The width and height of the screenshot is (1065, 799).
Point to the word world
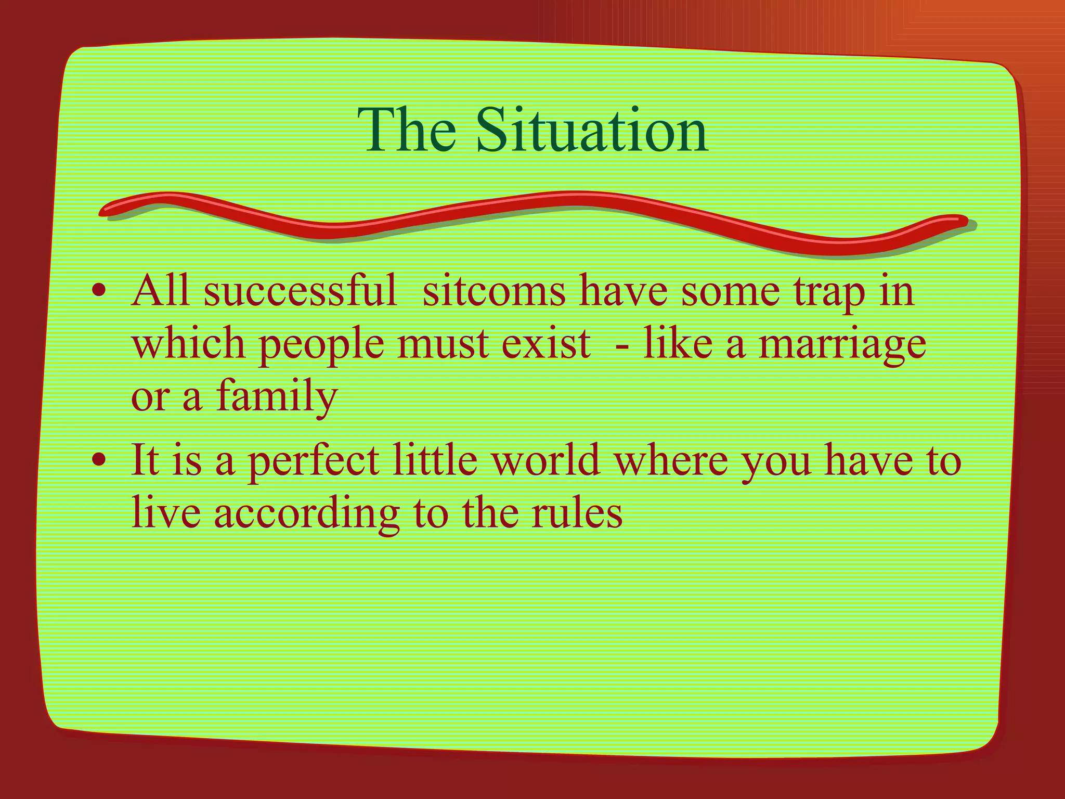pos(546,460)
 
